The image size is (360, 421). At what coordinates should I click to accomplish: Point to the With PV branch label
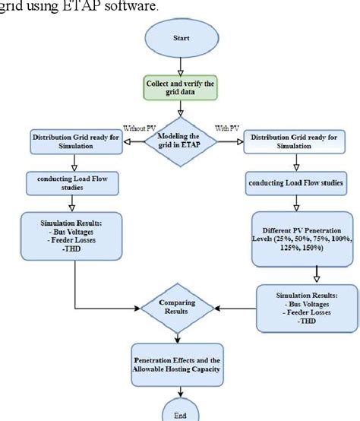[x=227, y=128]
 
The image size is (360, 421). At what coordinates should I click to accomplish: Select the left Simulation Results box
[x=74, y=236]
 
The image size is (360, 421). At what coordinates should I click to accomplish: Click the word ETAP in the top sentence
[x=70, y=7]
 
